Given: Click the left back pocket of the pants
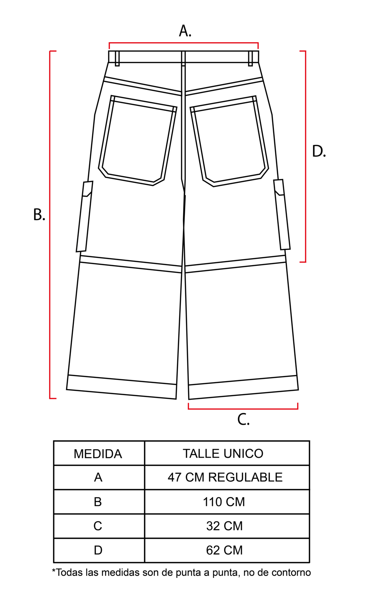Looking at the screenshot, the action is (138, 140).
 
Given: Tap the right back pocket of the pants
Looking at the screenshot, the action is (229, 141).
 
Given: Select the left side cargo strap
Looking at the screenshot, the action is (85, 216).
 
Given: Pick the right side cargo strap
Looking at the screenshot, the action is (282, 214).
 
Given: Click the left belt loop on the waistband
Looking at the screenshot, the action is (117, 58).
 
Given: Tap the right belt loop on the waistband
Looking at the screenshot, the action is (250, 58).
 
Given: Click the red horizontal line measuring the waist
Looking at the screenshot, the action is (184, 43).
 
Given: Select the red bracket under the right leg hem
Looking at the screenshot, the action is (243, 409).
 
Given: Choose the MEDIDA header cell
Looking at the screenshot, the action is (99, 453).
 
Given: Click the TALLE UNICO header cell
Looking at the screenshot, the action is (227, 453).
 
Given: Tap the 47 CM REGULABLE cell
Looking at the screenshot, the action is (227, 477).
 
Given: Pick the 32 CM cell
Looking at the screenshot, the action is (227, 526).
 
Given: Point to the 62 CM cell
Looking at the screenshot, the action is (227, 550).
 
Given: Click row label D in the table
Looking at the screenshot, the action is (98, 550).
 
